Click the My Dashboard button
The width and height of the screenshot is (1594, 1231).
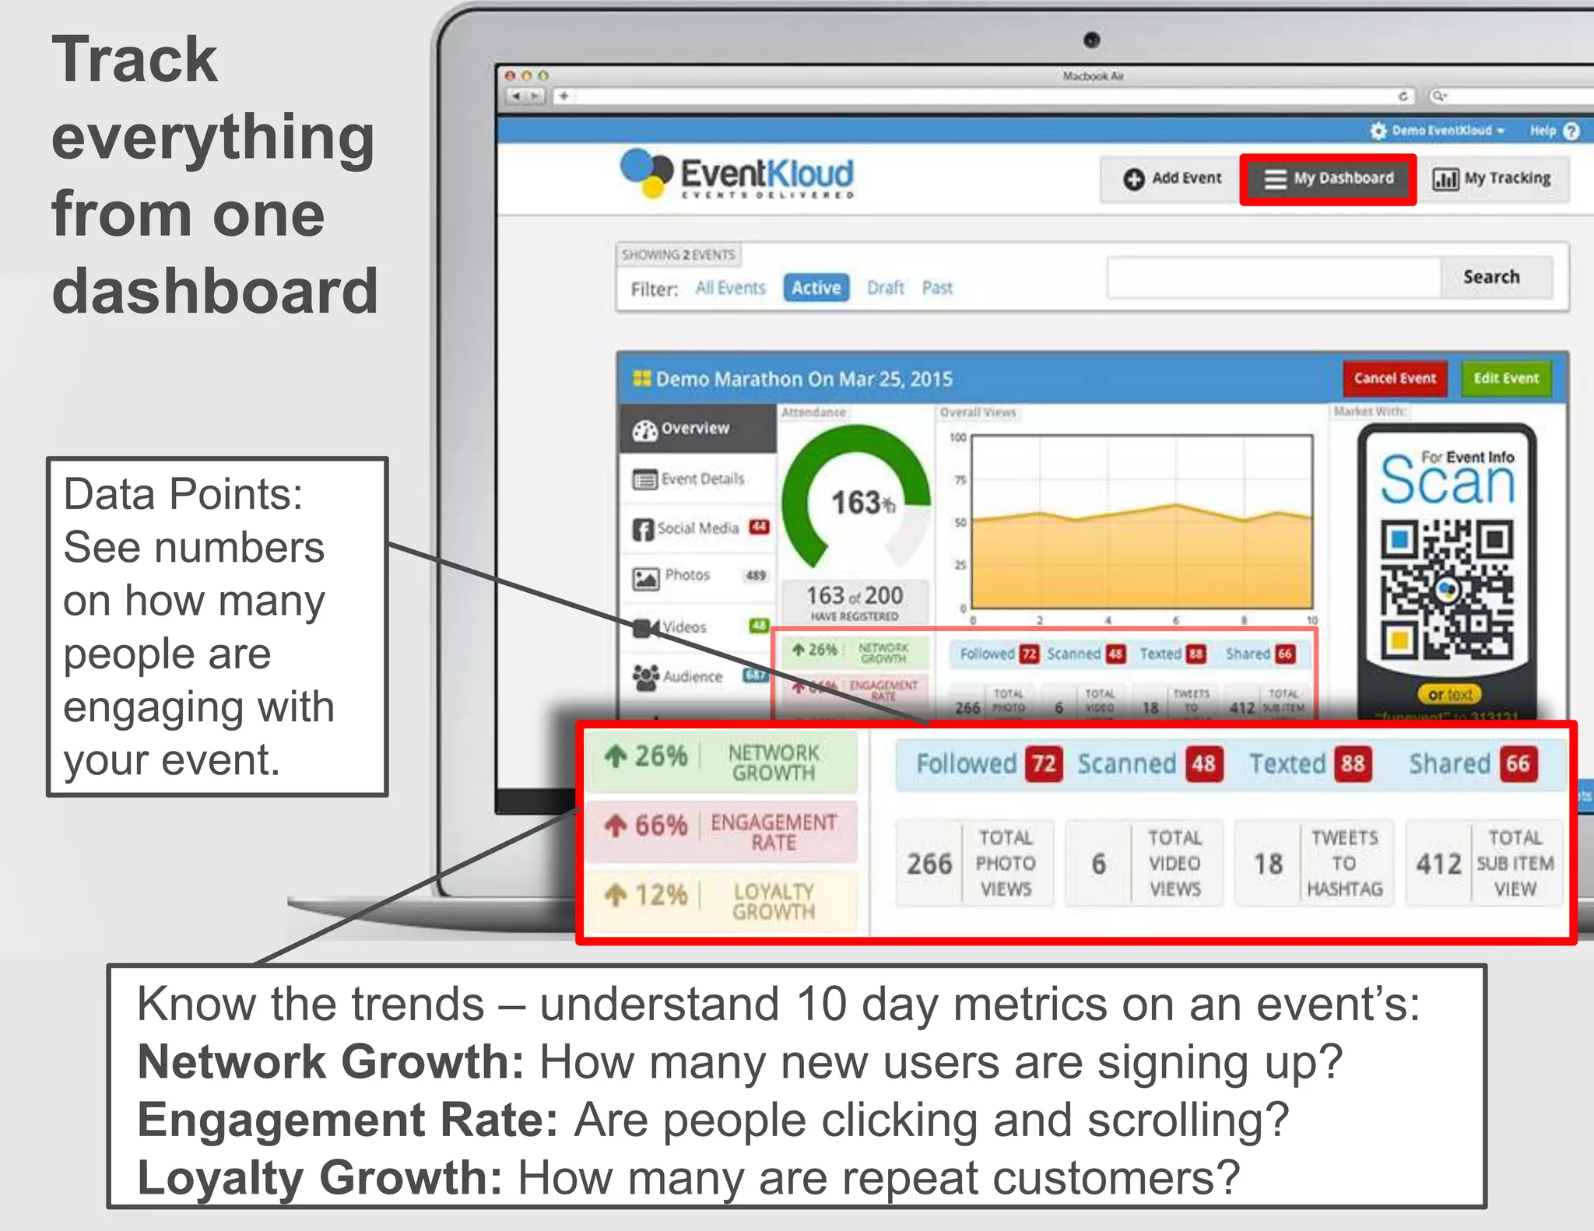tap(1328, 179)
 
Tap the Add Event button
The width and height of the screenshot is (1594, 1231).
tap(1172, 179)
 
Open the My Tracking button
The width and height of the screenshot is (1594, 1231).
tap(1492, 179)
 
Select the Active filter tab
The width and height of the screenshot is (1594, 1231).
tap(816, 288)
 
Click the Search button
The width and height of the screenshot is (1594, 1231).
tap(1490, 277)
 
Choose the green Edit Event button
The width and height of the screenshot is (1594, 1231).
tap(1505, 378)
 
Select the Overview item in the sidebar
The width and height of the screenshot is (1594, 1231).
tap(694, 429)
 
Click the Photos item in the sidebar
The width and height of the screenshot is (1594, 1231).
tap(687, 576)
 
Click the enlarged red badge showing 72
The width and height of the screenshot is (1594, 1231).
tap(1044, 763)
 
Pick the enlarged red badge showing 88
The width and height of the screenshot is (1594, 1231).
tap(1352, 763)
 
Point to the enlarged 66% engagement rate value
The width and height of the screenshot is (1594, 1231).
tap(660, 825)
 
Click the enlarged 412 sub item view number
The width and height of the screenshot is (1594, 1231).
tap(1438, 864)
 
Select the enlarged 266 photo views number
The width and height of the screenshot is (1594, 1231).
tap(929, 864)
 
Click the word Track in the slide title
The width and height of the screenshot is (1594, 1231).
tap(135, 60)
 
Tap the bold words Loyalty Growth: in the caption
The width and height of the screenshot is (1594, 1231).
tap(319, 1177)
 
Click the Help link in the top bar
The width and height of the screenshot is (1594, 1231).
tap(1543, 131)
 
